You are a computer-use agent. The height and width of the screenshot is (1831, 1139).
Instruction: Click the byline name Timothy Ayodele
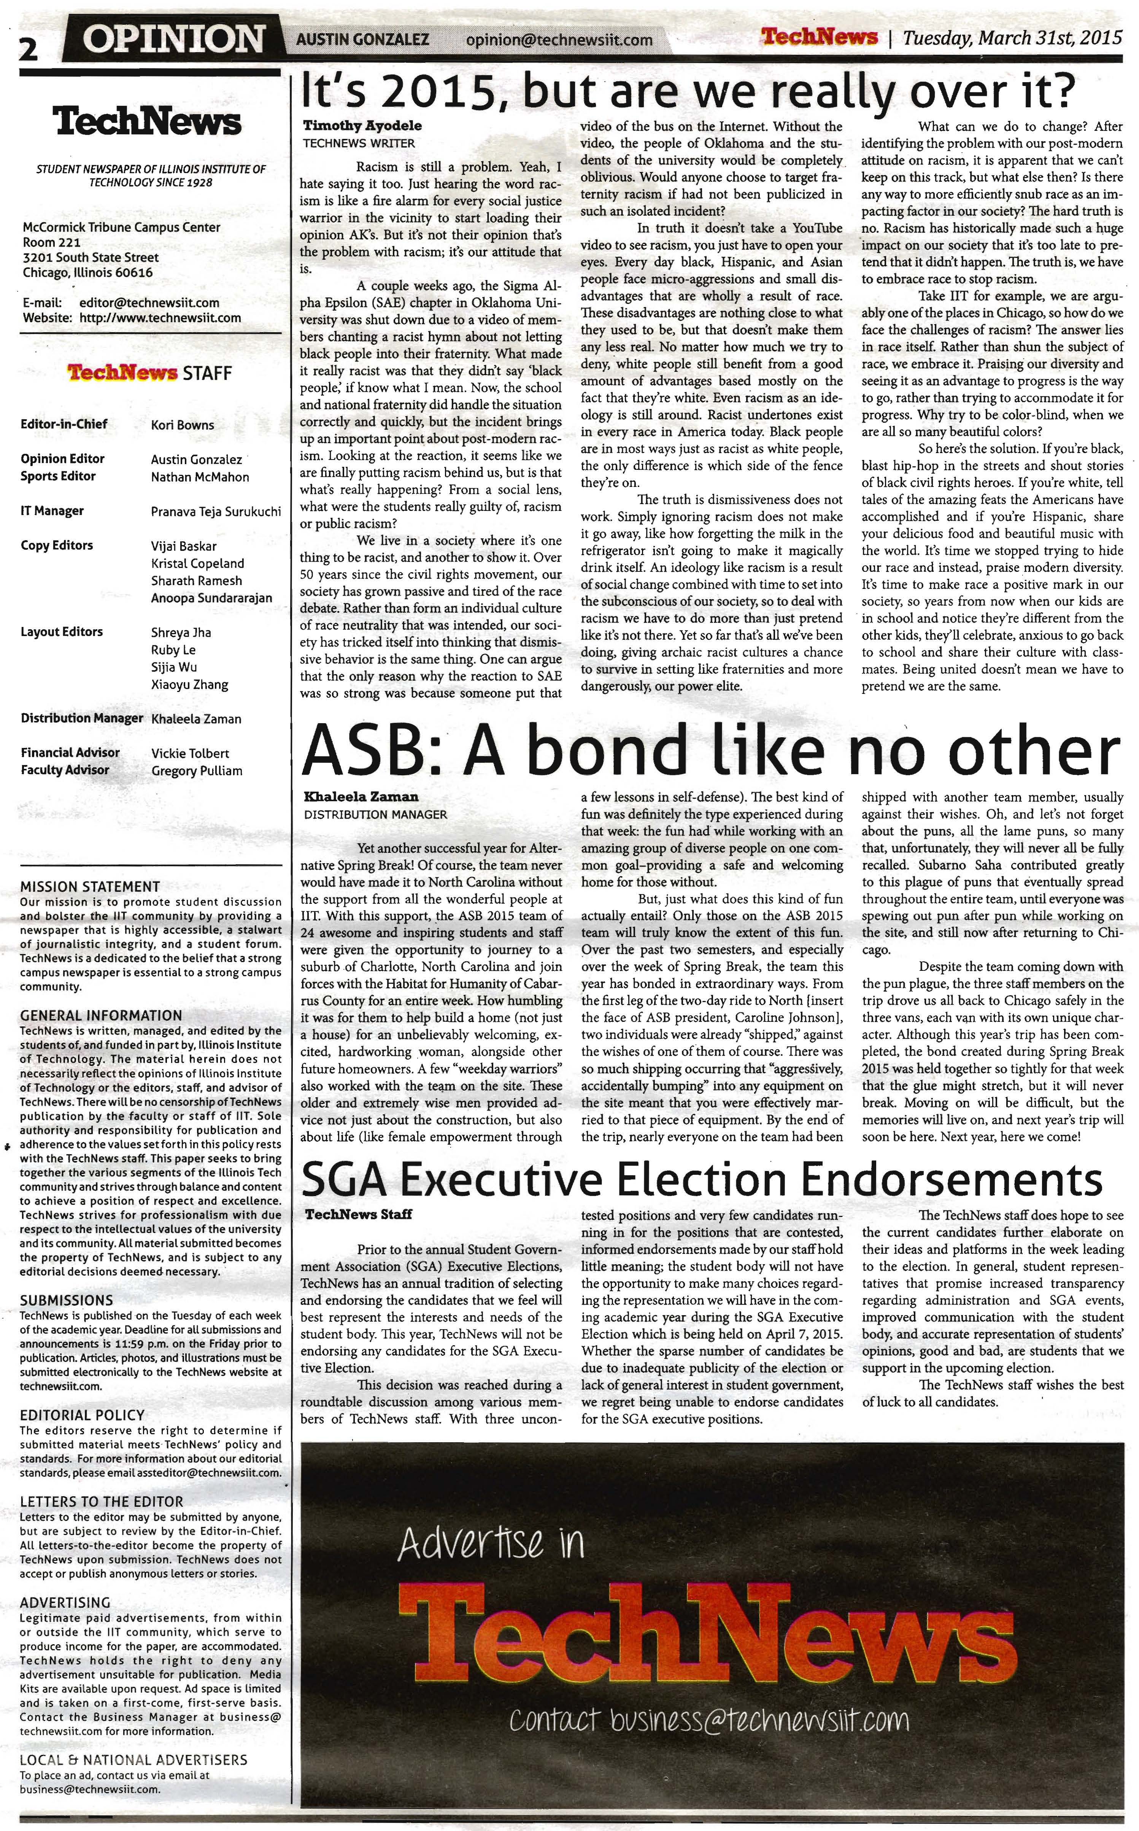tap(362, 126)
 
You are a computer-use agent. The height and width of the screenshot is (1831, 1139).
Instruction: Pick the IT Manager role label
tap(52, 511)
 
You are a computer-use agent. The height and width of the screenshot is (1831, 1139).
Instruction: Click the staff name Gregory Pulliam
tap(197, 771)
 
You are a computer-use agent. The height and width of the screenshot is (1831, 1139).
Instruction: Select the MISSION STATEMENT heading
tap(90, 887)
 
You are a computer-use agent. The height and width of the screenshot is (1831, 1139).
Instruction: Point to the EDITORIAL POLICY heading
tap(82, 1415)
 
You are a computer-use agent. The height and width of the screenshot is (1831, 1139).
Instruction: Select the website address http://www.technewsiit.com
tap(160, 318)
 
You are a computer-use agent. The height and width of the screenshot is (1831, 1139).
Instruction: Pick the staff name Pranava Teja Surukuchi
tap(216, 512)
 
